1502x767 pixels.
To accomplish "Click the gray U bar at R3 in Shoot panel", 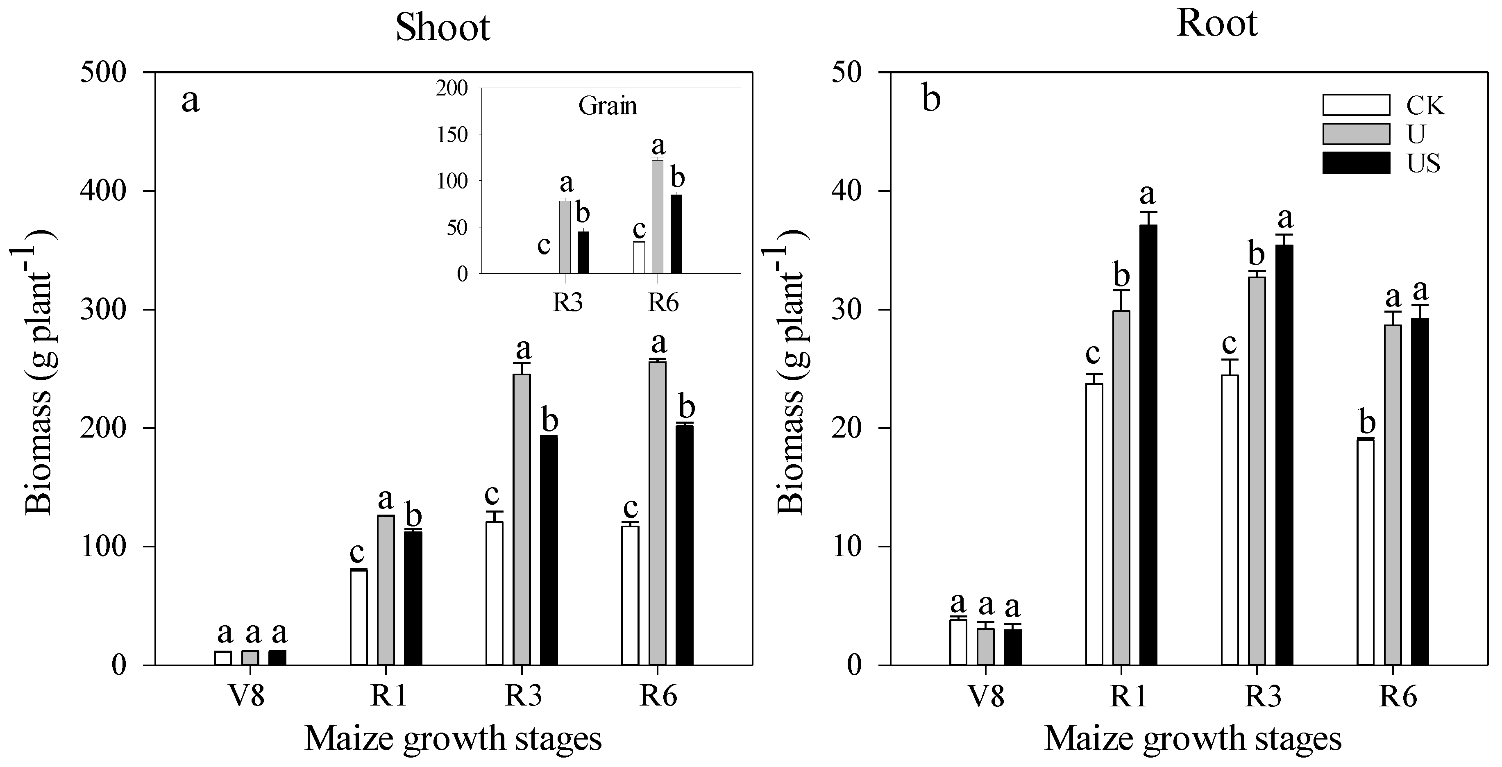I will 521,519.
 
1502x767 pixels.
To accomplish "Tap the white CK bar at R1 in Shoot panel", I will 358,617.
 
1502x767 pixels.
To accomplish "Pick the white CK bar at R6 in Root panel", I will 1365,551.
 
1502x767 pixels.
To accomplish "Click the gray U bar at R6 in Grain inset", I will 657,216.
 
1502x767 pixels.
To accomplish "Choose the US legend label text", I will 1423,163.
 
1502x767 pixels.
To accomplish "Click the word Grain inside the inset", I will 608,106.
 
